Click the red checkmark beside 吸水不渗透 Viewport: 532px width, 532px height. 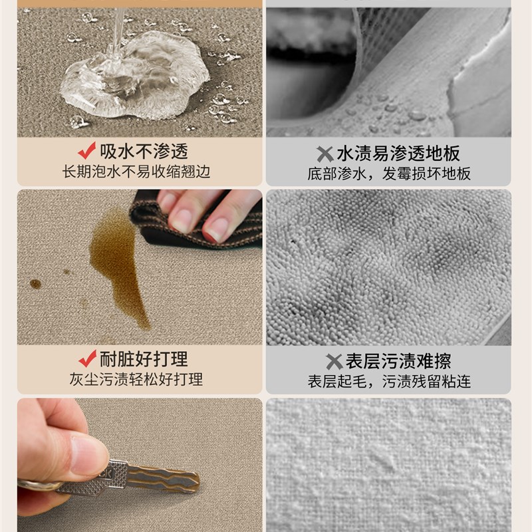(x=86, y=151)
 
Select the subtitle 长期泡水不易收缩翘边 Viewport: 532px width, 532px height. (x=136, y=172)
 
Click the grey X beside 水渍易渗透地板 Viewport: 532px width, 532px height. (x=324, y=154)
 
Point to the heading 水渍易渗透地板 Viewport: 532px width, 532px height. (x=398, y=154)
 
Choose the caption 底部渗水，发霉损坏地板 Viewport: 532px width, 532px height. (x=389, y=174)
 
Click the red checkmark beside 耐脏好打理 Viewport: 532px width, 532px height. (x=86, y=359)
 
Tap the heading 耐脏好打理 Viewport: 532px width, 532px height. (x=143, y=359)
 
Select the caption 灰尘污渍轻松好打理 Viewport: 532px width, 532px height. (x=136, y=380)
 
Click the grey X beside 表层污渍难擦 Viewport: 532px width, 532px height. (x=334, y=362)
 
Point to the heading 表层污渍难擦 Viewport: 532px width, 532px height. (x=398, y=362)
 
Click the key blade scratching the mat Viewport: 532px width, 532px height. (x=163, y=478)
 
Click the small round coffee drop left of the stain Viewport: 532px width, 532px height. (x=35, y=284)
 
